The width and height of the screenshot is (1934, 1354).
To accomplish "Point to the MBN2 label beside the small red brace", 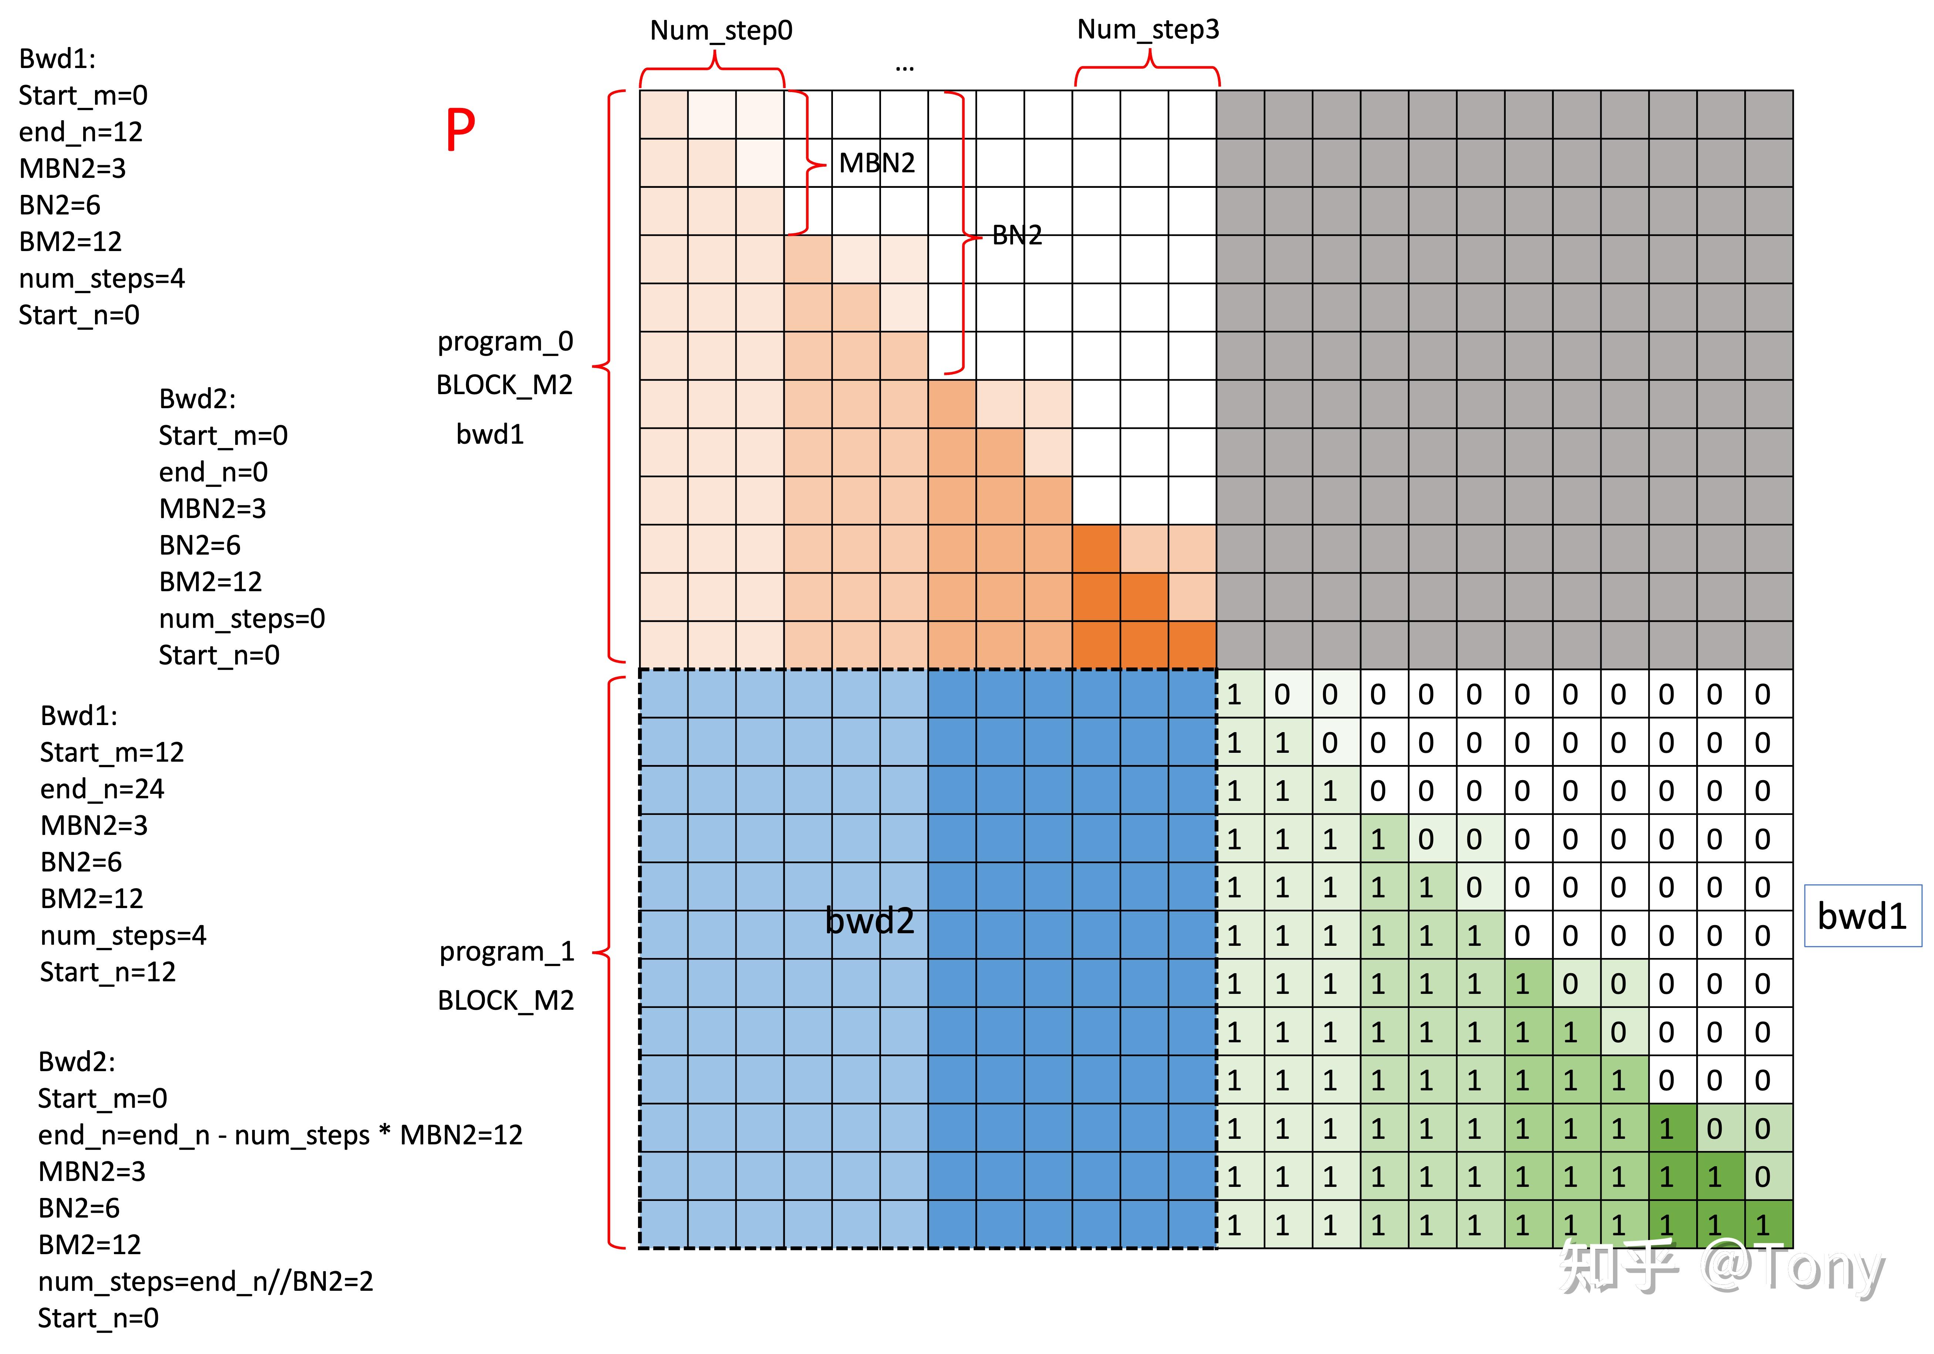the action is pyautogui.click(x=877, y=163).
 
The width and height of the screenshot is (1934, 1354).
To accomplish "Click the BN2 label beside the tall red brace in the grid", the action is pyautogui.click(x=1017, y=235).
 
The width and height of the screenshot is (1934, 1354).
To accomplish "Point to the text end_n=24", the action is pyautogui.click(x=102, y=789).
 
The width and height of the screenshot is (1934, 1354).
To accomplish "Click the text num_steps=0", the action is pyautogui.click(x=242, y=619).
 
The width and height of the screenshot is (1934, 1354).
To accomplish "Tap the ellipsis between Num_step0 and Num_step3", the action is pyautogui.click(x=905, y=67).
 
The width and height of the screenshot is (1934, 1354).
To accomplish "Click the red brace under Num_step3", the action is pyautogui.click(x=1147, y=67).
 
